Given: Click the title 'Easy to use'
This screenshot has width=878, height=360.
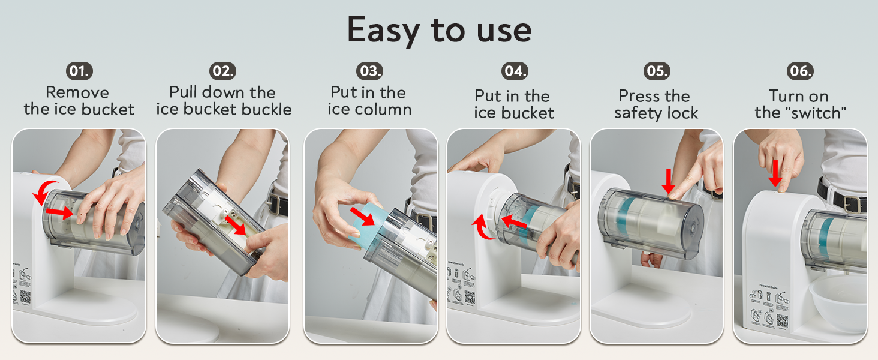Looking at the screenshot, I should click(x=439, y=30).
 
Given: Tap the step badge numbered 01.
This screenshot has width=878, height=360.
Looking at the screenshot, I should click(x=79, y=71).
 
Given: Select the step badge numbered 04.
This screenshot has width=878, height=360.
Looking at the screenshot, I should click(x=515, y=71).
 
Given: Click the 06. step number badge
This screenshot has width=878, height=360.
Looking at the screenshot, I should click(x=800, y=71).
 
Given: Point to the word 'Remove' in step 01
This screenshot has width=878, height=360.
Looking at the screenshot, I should click(x=77, y=92).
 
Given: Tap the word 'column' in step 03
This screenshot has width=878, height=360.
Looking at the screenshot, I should click(x=386, y=109).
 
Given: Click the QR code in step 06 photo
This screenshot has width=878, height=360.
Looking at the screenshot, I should click(x=782, y=320).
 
